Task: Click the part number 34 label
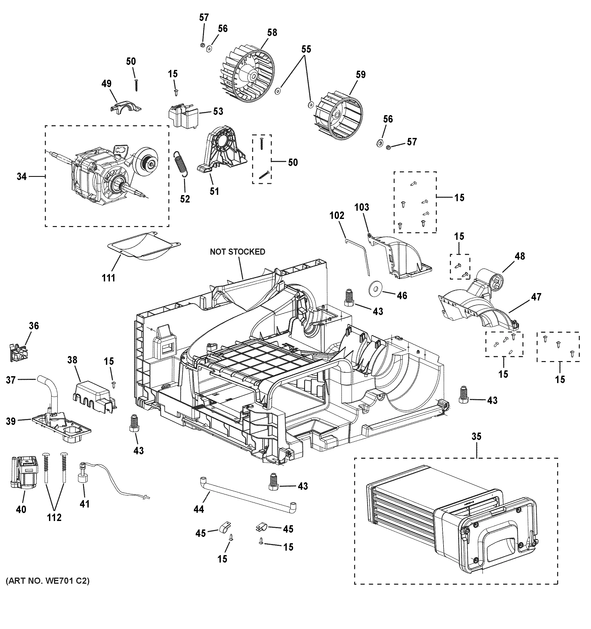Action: pos(21,177)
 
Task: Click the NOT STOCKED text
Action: pos(237,251)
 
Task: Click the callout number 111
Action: pos(108,278)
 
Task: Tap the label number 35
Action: pos(476,436)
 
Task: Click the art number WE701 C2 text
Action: pos(47,581)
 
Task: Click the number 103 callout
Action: pos(362,207)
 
